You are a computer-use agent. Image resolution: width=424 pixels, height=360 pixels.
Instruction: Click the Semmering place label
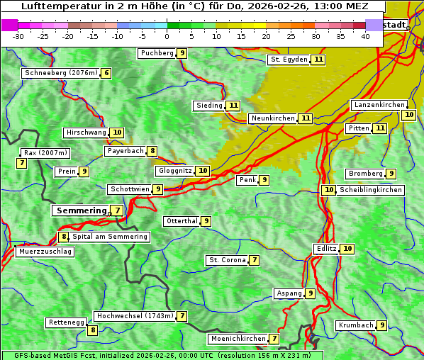pyautogui.click(x=80, y=210)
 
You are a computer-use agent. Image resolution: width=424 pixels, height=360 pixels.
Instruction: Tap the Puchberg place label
pyautogui.click(x=157, y=53)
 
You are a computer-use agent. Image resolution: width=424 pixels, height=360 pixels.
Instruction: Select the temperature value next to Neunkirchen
pyautogui.click(x=306, y=118)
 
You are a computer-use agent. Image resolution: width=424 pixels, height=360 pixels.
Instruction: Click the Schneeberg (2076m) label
pyautogui.click(x=60, y=73)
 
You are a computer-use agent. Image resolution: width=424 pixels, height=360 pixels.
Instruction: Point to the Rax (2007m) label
pyautogui.click(x=45, y=152)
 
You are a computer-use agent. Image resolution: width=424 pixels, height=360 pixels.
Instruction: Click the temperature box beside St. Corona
pyautogui.click(x=255, y=260)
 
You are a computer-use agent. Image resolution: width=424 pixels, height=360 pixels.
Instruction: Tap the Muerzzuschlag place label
pyautogui.click(x=45, y=252)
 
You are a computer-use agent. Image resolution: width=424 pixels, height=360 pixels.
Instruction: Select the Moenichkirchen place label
pyautogui.click(x=238, y=339)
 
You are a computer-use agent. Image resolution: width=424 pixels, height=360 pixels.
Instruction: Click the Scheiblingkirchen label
pyautogui.click(x=370, y=190)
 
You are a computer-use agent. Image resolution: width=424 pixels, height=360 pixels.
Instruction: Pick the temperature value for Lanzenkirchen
pyautogui.click(x=408, y=115)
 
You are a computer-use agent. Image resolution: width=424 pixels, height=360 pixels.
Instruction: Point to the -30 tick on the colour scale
pyautogui.click(x=18, y=36)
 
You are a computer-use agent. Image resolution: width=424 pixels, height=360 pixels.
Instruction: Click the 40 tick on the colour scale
pyautogui.click(x=365, y=36)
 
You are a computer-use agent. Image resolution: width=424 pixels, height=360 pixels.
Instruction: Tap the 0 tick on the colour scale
pyautogui.click(x=167, y=36)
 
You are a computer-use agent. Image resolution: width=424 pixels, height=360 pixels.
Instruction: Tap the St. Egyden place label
pyautogui.click(x=289, y=60)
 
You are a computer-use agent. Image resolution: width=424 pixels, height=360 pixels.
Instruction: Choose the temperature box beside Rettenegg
pyautogui.click(x=92, y=330)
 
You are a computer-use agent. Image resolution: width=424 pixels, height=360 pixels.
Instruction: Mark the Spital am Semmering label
pyautogui.click(x=110, y=237)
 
